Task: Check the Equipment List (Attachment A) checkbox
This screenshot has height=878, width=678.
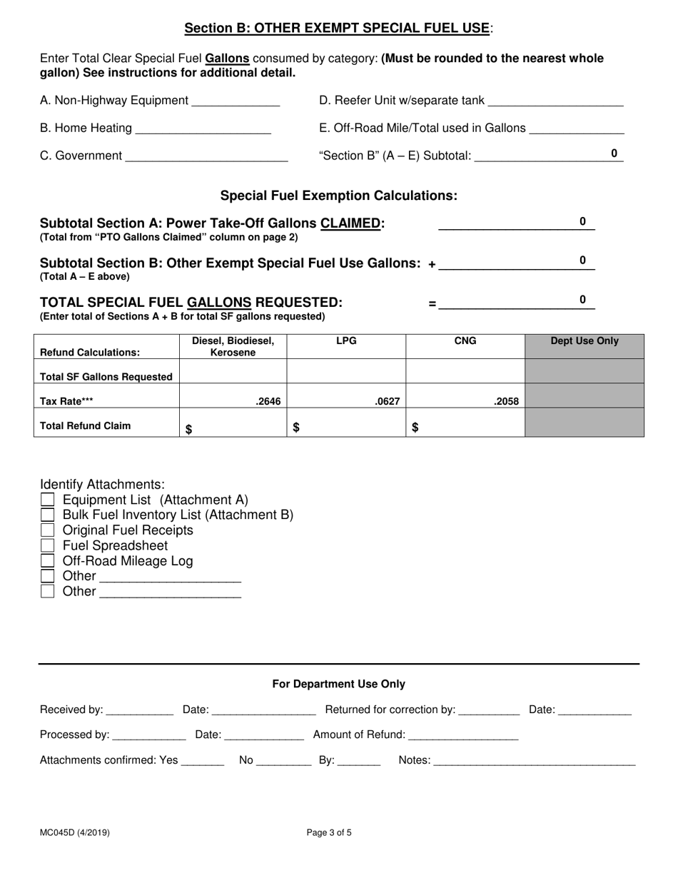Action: click(x=48, y=500)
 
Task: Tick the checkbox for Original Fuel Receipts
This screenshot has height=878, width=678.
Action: click(x=48, y=530)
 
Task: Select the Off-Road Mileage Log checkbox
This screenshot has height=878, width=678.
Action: click(x=48, y=561)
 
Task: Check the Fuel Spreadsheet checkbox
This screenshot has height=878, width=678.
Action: click(x=48, y=545)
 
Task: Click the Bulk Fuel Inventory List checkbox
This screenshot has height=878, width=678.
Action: click(x=48, y=515)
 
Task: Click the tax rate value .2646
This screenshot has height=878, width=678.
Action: click(x=268, y=402)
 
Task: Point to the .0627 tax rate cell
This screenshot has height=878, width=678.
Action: click(x=388, y=402)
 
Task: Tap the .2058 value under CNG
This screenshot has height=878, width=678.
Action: click(x=507, y=402)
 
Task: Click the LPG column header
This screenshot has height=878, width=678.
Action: click(x=346, y=341)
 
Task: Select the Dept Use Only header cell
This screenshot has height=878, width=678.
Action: click(x=585, y=341)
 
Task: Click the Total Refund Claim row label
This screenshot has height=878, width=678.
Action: click(x=86, y=426)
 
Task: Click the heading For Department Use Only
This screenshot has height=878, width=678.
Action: click(x=338, y=684)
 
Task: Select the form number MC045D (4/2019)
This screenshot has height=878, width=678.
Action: click(x=75, y=832)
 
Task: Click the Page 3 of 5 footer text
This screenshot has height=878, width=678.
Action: click(x=329, y=832)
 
